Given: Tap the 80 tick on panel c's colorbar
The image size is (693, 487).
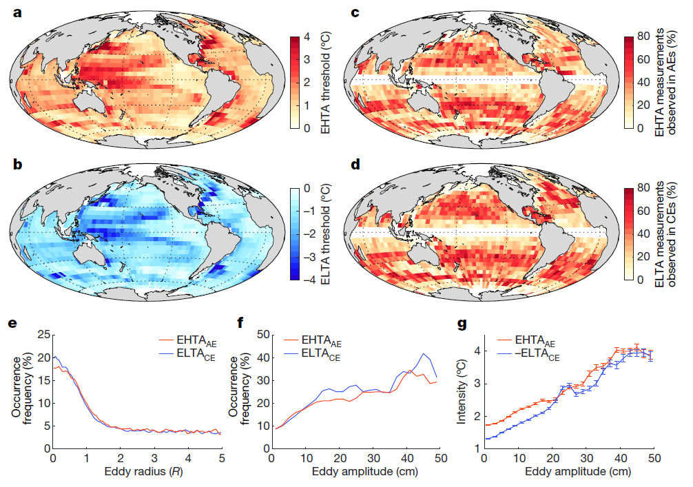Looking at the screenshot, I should click(x=647, y=37).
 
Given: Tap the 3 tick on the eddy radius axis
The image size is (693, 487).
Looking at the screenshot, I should click(x=154, y=458).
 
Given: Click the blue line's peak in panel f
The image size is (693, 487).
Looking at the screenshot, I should click(x=425, y=354).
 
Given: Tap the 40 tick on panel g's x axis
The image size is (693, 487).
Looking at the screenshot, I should click(x=619, y=458).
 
